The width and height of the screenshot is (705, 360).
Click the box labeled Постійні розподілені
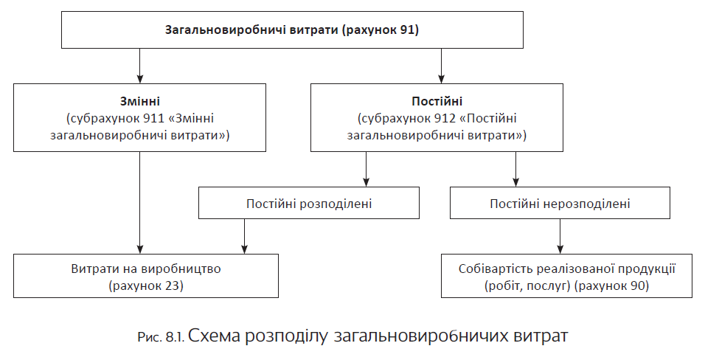[x=309, y=203]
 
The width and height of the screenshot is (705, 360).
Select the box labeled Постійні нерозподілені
[x=560, y=203]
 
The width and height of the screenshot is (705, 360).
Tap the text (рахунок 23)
[x=145, y=285]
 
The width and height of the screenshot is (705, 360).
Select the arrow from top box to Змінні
[x=139, y=66]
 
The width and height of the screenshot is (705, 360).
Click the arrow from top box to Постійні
[x=441, y=66]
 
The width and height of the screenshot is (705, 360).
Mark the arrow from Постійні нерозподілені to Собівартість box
[x=560, y=236]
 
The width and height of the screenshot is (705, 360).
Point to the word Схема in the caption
[x=215, y=337]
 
